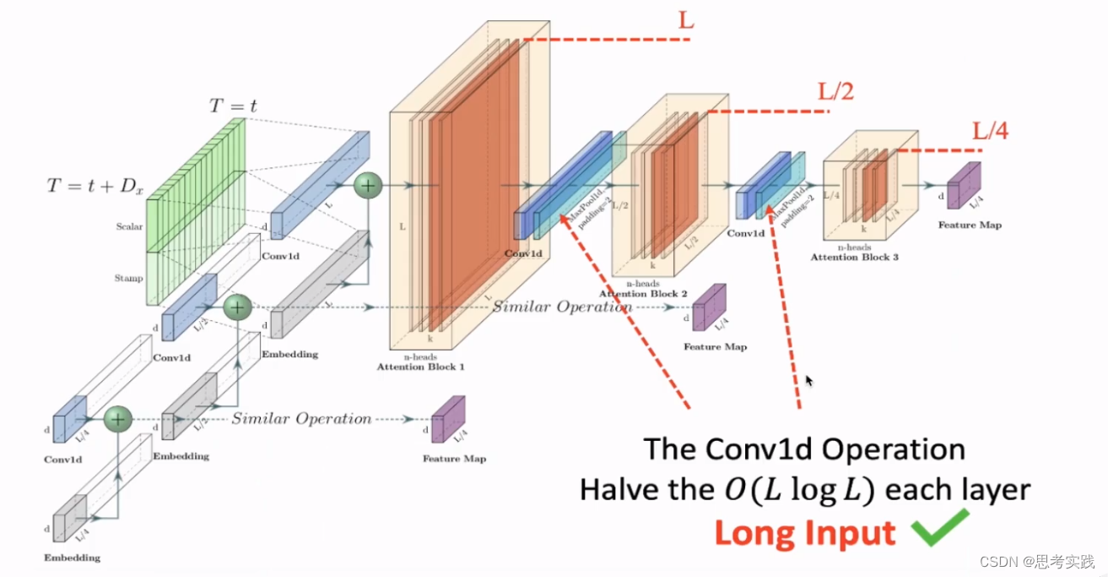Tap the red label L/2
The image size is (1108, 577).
pos(835,91)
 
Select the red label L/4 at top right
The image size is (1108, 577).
pos(990,131)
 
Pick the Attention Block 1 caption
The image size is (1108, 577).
pos(421,367)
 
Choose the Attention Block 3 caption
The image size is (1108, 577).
pos(854,256)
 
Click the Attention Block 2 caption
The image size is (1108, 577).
pos(643,294)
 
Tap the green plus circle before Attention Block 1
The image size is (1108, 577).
pos(368,186)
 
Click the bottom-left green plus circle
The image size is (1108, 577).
pos(118,417)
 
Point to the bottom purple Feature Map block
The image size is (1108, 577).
pos(448,419)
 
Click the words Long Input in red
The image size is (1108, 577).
pos(803,534)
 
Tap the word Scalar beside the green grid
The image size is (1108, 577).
pos(130,226)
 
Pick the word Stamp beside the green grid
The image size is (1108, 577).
pos(129,277)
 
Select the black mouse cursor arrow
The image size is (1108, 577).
pos(809,382)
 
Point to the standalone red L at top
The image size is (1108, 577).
pos(686,20)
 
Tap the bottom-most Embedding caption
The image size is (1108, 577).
pos(72,558)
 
